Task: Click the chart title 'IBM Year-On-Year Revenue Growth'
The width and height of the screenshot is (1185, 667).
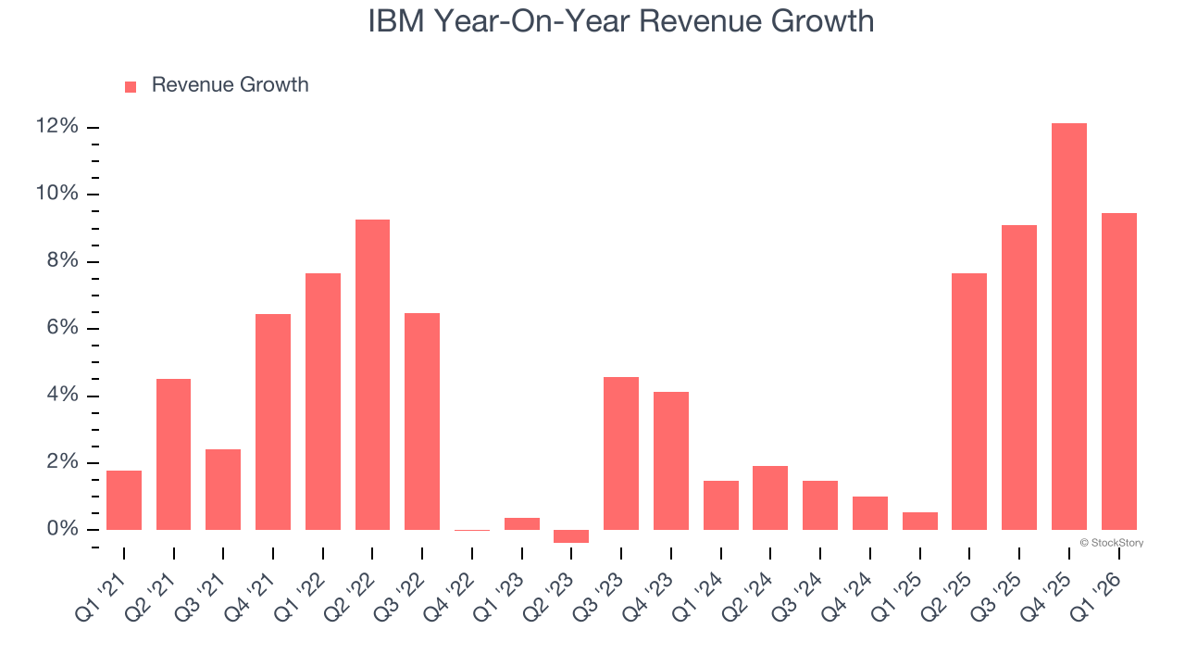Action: click(x=620, y=22)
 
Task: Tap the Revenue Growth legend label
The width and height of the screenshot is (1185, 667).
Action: click(x=230, y=85)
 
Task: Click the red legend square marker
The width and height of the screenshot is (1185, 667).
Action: click(x=131, y=86)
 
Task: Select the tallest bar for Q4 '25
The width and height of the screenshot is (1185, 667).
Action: click(x=1069, y=326)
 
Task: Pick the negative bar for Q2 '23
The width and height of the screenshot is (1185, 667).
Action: click(x=571, y=536)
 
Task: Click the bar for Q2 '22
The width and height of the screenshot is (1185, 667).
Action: click(x=372, y=374)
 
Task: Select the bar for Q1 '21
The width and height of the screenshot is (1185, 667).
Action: click(x=124, y=500)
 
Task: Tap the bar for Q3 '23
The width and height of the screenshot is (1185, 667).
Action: click(x=621, y=453)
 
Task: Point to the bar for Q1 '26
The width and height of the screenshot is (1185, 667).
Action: click(x=1119, y=371)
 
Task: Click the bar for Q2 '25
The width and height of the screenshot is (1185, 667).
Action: click(x=969, y=401)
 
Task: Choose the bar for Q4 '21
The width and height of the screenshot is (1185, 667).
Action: click(x=273, y=422)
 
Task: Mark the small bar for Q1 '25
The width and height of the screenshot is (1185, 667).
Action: click(x=920, y=521)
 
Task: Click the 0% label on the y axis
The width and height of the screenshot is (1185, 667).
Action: click(x=62, y=530)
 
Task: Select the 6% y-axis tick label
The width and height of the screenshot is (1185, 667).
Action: click(x=62, y=329)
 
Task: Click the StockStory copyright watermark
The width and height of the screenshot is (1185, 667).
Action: click(x=1111, y=543)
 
